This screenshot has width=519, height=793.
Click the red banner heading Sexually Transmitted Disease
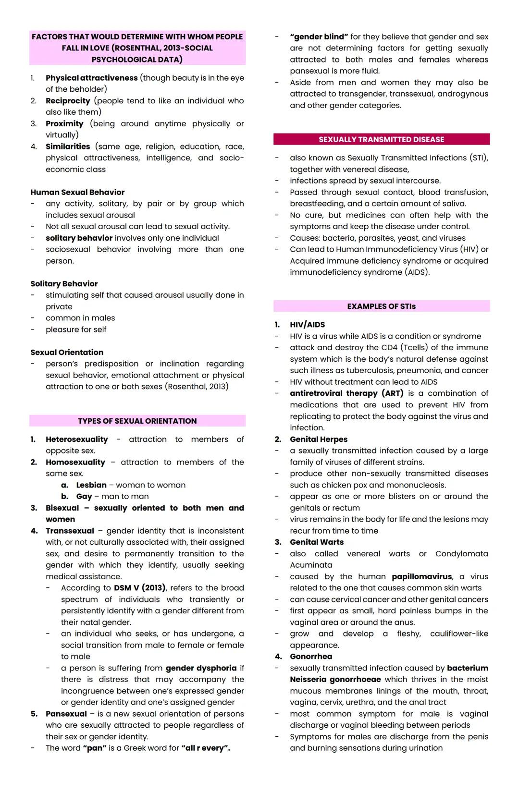[x=381, y=139]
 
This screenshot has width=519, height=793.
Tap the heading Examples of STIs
[x=381, y=306]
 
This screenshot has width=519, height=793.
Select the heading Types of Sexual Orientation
[x=137, y=421]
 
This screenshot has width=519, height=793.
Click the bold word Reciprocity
[x=68, y=101]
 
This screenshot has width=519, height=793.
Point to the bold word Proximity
[x=64, y=123]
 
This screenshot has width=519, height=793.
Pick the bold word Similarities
[x=68, y=146]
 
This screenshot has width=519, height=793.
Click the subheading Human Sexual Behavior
[x=77, y=192]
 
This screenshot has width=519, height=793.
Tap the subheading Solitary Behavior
[x=64, y=283]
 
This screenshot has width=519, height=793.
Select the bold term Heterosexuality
[x=77, y=439]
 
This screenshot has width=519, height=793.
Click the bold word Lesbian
[x=91, y=485]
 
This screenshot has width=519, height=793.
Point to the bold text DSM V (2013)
[x=140, y=588]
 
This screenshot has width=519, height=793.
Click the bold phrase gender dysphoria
[x=201, y=668]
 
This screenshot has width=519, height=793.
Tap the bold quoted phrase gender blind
[x=319, y=37]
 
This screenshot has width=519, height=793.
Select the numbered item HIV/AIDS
[x=307, y=325]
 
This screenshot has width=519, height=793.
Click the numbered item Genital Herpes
[x=318, y=439]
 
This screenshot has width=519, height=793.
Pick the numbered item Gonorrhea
[x=310, y=657]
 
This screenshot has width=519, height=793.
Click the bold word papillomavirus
[x=421, y=576]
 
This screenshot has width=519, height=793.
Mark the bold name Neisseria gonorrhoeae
[x=335, y=679]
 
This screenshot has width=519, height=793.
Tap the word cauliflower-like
[x=458, y=634]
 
